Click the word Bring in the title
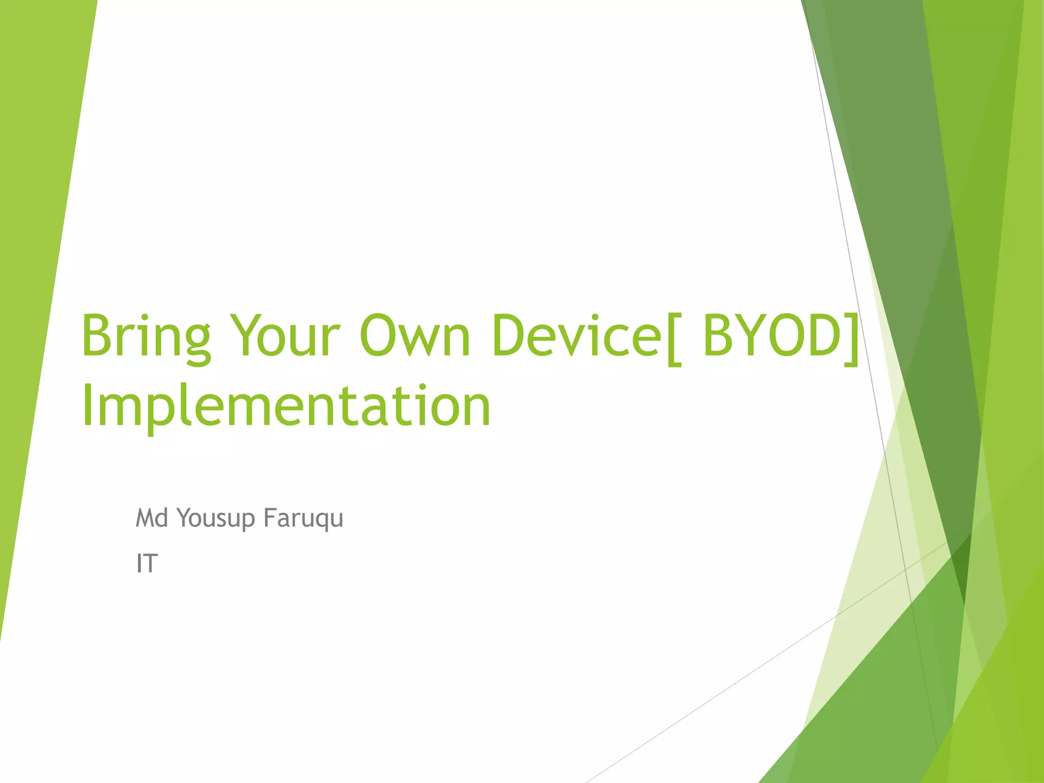(146, 336)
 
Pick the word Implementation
(285, 407)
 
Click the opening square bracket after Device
(673, 339)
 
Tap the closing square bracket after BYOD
(851, 339)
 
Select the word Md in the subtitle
(151, 518)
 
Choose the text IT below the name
(147, 564)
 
